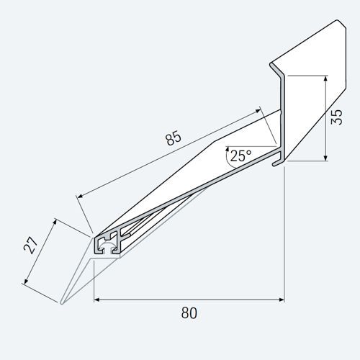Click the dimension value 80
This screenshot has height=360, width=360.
point(189,313)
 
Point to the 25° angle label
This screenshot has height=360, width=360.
point(240,154)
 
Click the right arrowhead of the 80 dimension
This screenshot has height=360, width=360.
point(281,299)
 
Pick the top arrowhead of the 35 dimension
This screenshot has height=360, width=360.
point(326,76)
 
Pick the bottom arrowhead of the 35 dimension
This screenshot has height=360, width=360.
point(326,158)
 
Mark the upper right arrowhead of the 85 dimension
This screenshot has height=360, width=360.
point(258,112)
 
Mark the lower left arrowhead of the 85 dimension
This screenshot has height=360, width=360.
point(79,194)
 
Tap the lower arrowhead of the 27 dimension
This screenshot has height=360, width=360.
point(27,282)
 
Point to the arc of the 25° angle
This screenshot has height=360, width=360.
point(226,158)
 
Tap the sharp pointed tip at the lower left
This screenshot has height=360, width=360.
point(63,303)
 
